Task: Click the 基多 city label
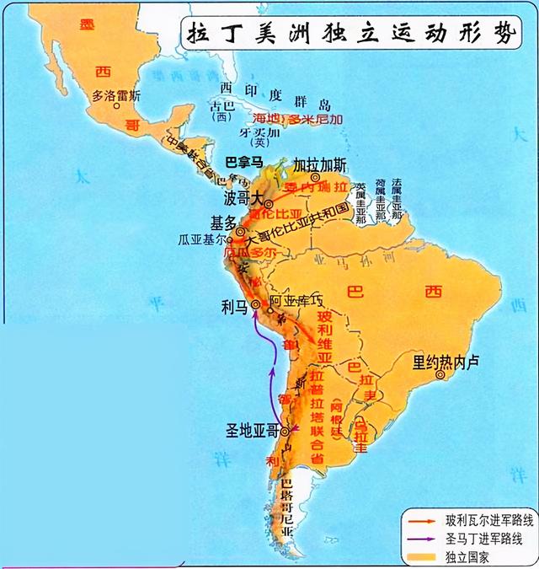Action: (223, 223)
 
